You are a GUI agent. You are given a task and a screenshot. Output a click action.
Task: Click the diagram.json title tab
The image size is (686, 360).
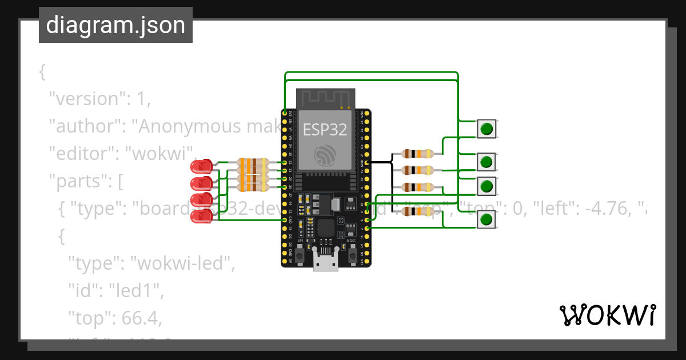click(x=115, y=26)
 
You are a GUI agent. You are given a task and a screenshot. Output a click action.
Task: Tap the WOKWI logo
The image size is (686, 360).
click(x=607, y=315)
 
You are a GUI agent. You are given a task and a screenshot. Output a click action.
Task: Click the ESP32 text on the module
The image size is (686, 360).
click(x=325, y=130)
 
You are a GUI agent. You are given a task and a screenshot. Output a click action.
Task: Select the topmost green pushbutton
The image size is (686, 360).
click(x=486, y=129)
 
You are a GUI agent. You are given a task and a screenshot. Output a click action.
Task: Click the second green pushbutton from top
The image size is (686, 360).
click(x=486, y=162)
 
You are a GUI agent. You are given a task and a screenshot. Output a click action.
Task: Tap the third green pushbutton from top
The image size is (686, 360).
click(x=486, y=186)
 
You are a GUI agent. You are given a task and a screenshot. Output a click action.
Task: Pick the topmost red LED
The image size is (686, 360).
click(x=201, y=167)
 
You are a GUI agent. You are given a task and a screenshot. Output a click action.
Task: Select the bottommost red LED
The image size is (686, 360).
click(x=201, y=216)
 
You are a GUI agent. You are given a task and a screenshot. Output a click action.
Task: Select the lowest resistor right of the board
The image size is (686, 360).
click(x=417, y=212)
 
